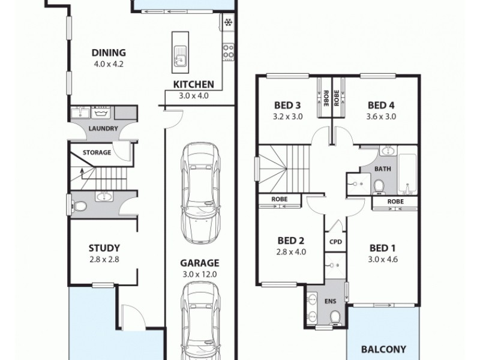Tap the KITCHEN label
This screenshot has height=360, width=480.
coord(191,84)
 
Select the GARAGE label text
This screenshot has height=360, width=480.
coord(201,262)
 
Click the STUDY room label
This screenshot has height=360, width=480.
coord(105,247)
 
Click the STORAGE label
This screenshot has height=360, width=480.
coord(97,152)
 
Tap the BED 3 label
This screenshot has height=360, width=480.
coord(287,104)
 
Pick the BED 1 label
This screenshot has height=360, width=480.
coord(383,248)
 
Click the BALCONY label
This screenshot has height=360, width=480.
coord(383,348)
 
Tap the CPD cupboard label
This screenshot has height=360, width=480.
coord(335,241)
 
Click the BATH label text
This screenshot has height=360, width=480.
coord(383,169)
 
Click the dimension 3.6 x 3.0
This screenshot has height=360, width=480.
coord(382,116)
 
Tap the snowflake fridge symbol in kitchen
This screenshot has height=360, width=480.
coord(229,23)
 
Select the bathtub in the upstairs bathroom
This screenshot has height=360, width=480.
coord(407,174)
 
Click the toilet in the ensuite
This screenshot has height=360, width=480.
coord(336,316)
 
